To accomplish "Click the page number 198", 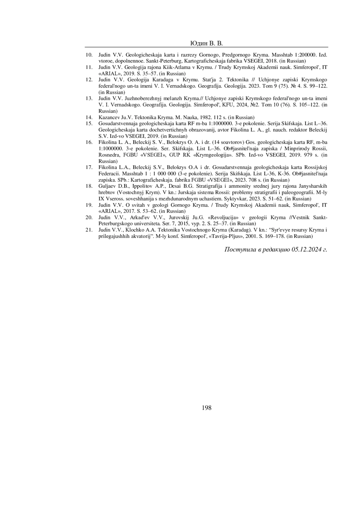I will point(207,408).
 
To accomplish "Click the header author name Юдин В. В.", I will point(207,44).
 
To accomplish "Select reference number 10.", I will point(89,55).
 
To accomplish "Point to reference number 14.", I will point(89,117).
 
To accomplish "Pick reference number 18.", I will point(89,186).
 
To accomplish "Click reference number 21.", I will point(89,230).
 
